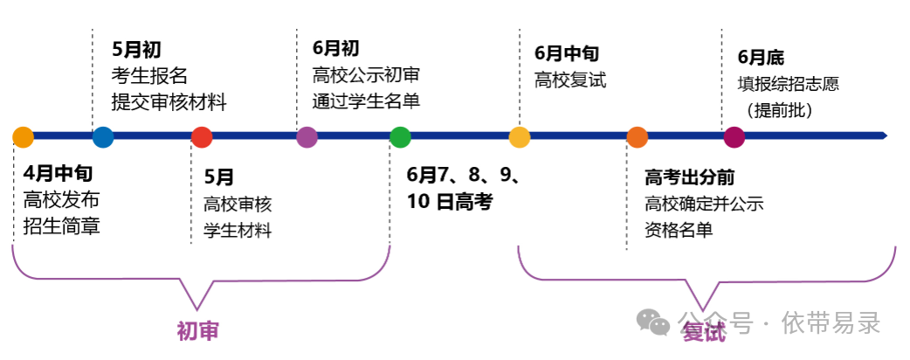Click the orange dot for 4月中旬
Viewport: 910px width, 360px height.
pos(24,137)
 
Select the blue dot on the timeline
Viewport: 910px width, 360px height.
pos(103,137)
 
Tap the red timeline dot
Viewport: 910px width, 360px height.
pos(202,137)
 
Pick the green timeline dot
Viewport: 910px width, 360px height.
pos(400,137)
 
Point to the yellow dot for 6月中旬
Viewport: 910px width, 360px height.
pos(520,137)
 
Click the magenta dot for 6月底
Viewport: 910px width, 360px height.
pos(734,137)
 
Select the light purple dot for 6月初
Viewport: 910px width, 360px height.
pos(307,137)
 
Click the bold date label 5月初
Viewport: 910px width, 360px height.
pos(136,50)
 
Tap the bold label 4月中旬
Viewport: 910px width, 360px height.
pos(58,172)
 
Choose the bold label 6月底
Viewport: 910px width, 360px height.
pos(761,58)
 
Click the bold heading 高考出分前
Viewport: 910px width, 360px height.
pos(689,178)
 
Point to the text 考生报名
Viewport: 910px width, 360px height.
pos(149,76)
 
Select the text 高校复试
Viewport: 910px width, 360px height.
pos(569,80)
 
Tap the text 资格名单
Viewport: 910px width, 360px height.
pos(679,230)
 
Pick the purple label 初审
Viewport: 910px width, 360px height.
pos(197,331)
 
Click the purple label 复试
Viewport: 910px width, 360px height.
pos(703,333)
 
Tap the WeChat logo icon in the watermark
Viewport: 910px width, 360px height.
pos(653,322)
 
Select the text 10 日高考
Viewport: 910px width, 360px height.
pos(449,202)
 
